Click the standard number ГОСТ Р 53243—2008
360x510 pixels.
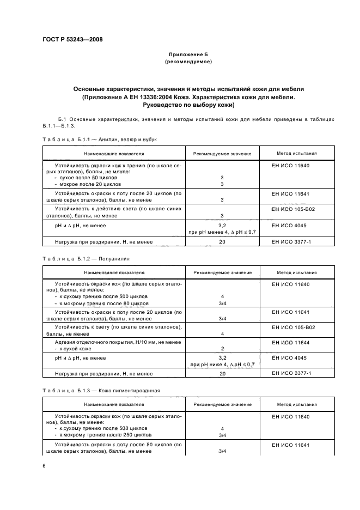coord(72,40)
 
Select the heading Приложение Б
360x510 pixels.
coord(188,55)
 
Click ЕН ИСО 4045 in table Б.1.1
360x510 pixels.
coord(289,224)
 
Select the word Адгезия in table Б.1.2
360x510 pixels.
coord(68,342)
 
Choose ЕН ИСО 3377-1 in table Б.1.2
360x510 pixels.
coord(289,374)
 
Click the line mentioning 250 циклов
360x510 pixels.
coord(102,435)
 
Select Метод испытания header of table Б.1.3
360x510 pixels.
coord(296,405)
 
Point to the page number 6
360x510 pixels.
coord(44,465)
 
